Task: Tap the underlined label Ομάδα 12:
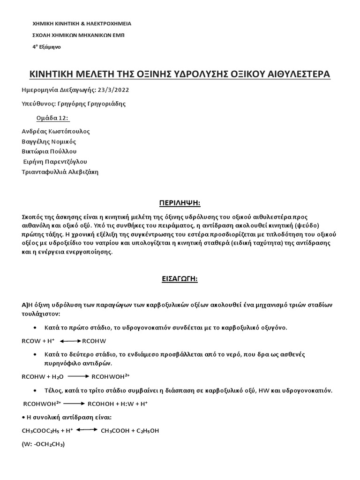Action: point(52,118)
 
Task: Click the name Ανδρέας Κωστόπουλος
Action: point(56,131)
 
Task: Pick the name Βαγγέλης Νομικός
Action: point(49,142)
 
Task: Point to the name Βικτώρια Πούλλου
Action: point(49,151)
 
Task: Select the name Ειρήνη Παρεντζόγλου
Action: point(55,162)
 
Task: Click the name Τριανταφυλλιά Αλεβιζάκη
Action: point(60,172)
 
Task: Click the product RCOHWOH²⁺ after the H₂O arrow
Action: point(111,376)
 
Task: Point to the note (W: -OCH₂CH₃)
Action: point(43,444)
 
